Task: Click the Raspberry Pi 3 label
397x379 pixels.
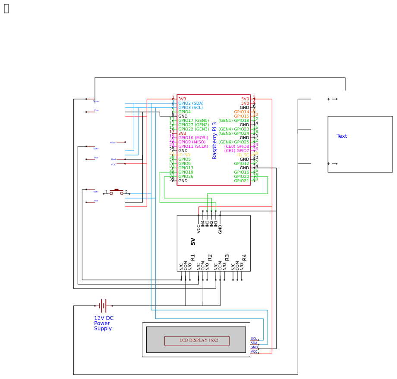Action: (214, 140)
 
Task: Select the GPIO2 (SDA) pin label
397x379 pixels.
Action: (191, 103)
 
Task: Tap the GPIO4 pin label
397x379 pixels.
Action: (184, 112)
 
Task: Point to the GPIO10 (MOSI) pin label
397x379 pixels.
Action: (193, 138)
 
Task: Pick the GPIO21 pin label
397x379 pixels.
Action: (242, 181)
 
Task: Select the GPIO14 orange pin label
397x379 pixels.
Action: (242, 112)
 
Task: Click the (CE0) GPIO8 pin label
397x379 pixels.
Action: (236, 146)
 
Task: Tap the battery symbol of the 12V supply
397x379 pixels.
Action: (103, 306)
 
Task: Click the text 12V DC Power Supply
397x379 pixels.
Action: (104, 323)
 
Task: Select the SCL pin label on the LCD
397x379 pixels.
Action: (254, 339)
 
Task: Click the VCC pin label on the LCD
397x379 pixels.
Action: (254, 352)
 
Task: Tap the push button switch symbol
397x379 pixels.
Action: (117, 192)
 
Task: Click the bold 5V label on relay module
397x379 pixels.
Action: (193, 242)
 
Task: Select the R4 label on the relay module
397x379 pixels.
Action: (244, 257)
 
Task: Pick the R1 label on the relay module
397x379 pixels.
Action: (193, 257)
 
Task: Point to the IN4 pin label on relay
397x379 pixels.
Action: (203, 224)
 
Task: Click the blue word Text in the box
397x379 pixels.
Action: (342, 136)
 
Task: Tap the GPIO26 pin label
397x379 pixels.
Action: (186, 177)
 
